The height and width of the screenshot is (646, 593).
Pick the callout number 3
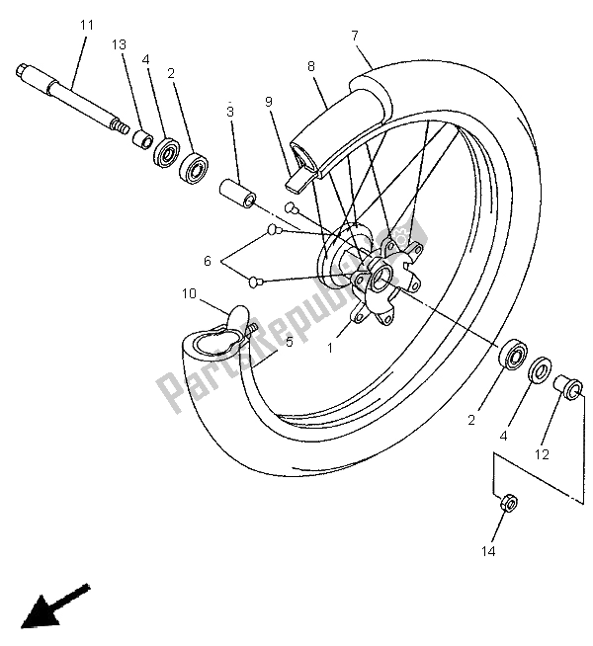pyautogui.click(x=229, y=112)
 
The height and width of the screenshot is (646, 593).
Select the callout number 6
pyautogui.click(x=208, y=262)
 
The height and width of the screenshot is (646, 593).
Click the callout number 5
pyautogui.click(x=289, y=343)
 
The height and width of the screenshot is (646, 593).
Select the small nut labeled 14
pyautogui.click(x=504, y=502)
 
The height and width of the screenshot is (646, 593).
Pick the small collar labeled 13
pyautogui.click(x=142, y=138)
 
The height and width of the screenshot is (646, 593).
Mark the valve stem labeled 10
pyautogui.click(x=238, y=319)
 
